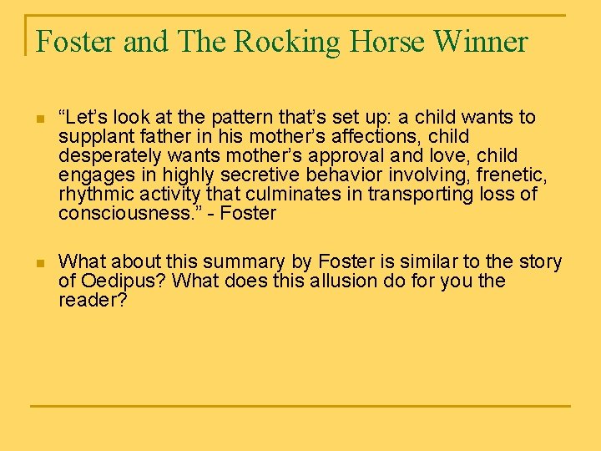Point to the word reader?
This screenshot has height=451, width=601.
pos(93,300)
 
